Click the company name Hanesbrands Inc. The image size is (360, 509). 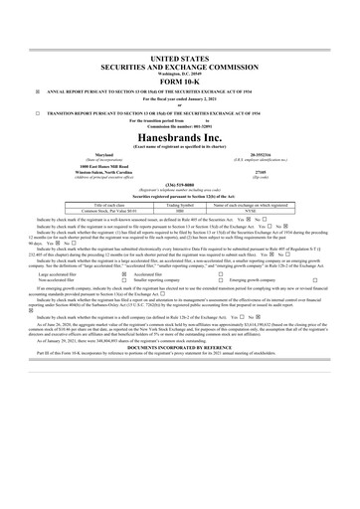click(180, 136)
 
